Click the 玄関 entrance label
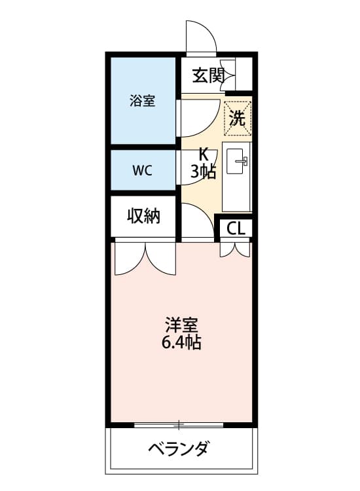pos(208,75)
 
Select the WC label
pos(142,170)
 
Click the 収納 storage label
pos(143,215)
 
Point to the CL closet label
pos(236,228)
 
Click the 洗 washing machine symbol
pos(238,118)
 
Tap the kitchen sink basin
pos(237,162)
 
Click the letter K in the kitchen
pos(203,156)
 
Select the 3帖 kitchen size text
pos(203,172)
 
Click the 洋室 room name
pos(181,325)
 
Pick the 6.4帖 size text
pos(181,342)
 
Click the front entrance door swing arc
pos(200,36)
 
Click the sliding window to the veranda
pos(179,425)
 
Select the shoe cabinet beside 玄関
pos(243,74)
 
